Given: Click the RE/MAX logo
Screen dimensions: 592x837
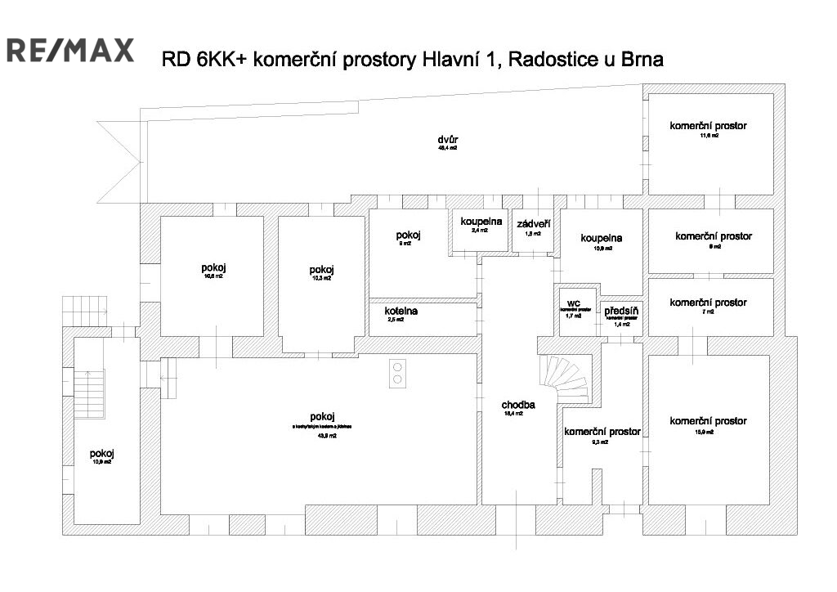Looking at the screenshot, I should pos(70,50).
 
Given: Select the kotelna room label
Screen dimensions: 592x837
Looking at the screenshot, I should pos(401,311).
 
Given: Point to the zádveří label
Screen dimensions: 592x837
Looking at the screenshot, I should pos(533,223).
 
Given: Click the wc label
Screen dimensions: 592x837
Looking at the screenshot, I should pos(573,303).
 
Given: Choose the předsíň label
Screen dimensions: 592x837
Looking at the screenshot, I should pos(622,311).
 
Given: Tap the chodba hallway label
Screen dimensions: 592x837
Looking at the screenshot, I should pos(518,405).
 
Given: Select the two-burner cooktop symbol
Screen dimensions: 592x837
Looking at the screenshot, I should pos(398,373).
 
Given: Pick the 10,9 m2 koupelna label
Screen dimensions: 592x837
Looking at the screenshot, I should pos(602,238).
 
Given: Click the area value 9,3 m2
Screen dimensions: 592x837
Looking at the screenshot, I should pos(602,442).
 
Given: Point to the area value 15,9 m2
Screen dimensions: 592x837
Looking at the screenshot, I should pos(708,432).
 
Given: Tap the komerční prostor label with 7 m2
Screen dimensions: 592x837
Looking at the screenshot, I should pos(708,303).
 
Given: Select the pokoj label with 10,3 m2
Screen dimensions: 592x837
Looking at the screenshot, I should pos(321,271).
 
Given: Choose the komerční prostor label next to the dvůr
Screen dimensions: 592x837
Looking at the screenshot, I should pos(708,126).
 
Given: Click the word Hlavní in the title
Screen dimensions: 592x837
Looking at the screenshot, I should pos(450,61).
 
